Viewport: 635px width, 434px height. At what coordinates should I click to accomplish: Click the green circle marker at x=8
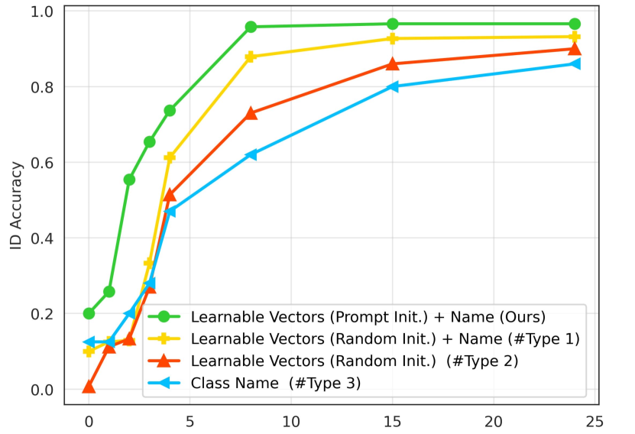(x=251, y=27)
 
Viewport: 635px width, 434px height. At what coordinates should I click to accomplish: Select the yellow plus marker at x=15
(x=393, y=38)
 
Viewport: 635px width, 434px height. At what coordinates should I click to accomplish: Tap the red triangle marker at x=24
(x=575, y=49)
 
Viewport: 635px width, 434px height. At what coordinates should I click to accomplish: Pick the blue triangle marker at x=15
(x=393, y=86)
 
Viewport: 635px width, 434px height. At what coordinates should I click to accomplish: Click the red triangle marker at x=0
(x=89, y=387)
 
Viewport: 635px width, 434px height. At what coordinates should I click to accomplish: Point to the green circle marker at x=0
(x=89, y=313)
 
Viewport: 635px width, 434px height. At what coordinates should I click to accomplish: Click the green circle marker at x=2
(x=129, y=180)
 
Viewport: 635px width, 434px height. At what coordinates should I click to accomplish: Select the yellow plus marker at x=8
(x=251, y=57)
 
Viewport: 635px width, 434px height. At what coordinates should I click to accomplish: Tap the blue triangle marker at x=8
(x=251, y=154)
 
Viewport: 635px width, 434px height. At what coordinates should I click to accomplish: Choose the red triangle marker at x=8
(x=251, y=113)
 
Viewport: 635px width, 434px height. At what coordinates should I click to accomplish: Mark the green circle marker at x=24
(x=575, y=24)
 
